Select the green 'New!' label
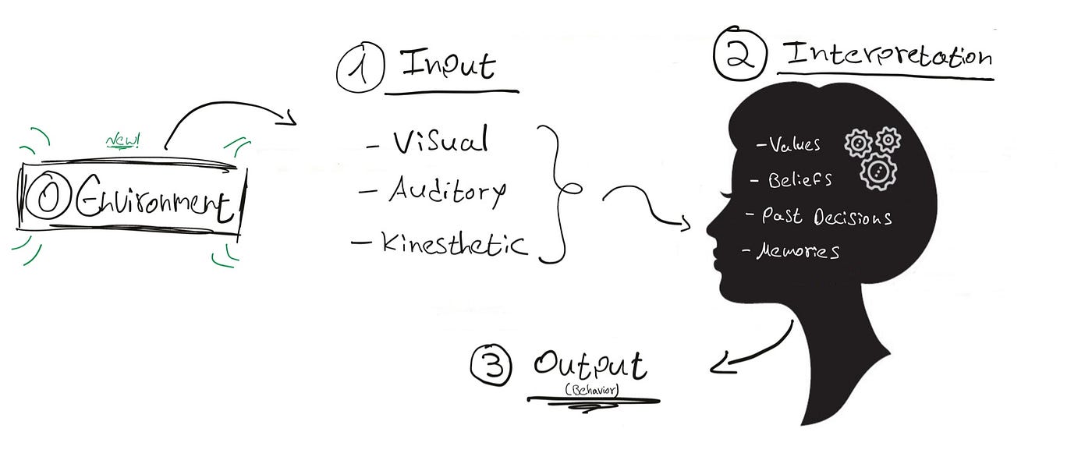[x=122, y=141]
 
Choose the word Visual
[x=441, y=141]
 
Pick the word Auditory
[x=447, y=190]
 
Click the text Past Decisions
[x=827, y=217]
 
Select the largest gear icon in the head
[x=878, y=171]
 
